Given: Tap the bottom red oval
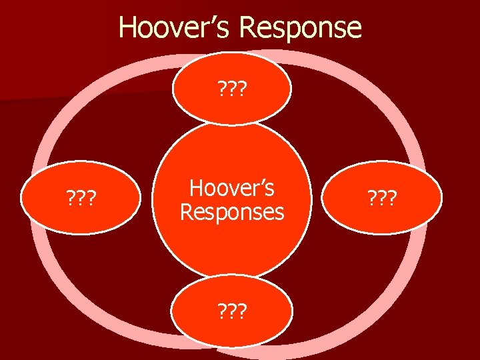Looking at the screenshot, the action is point(231,310).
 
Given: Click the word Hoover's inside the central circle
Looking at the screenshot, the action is point(231,189).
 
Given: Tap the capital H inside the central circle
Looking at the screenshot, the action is point(196,189).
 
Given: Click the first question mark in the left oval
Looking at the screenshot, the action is point(69,199).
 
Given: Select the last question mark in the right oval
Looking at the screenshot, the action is point(393,199).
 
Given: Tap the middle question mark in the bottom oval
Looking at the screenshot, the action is point(231,310).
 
